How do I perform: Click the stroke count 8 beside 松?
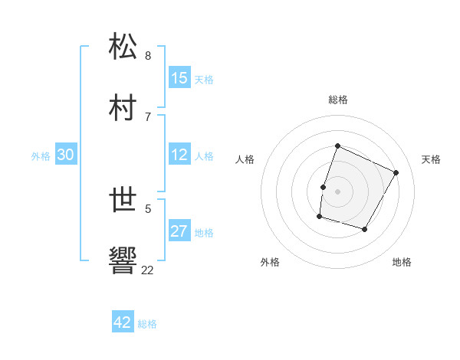(x=148, y=55)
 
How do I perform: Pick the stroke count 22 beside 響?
(x=147, y=270)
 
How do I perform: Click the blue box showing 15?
(x=179, y=78)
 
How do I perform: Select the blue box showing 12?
(x=179, y=155)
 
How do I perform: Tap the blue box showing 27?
(x=179, y=231)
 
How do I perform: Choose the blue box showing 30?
(x=66, y=155)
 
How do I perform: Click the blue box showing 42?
(x=123, y=322)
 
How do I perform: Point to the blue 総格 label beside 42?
(x=147, y=324)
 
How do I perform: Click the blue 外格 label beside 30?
(x=41, y=156)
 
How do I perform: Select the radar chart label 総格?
(x=337, y=100)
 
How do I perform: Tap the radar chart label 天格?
(x=432, y=159)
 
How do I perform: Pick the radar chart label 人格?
(x=245, y=159)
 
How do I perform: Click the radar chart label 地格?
(x=402, y=262)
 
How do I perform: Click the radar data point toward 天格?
(x=396, y=172)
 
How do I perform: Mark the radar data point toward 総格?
(x=337, y=146)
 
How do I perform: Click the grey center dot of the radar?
(x=337, y=191)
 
